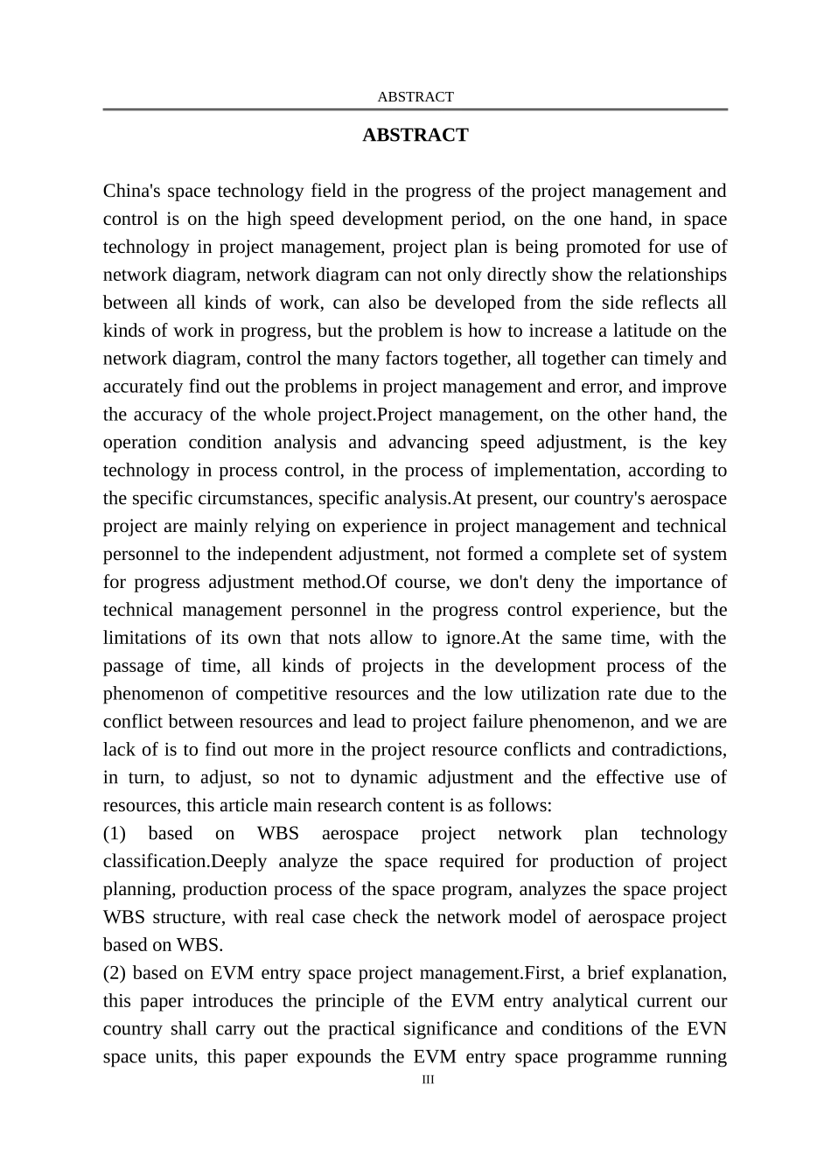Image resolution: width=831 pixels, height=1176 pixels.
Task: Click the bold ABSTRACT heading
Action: (415, 136)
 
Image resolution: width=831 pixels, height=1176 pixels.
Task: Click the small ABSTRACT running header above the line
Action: (415, 97)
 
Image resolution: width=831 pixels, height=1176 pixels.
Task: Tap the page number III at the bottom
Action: (428, 1080)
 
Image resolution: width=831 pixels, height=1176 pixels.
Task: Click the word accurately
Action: (143, 387)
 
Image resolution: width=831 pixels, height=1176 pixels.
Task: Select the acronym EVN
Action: (707, 1029)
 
